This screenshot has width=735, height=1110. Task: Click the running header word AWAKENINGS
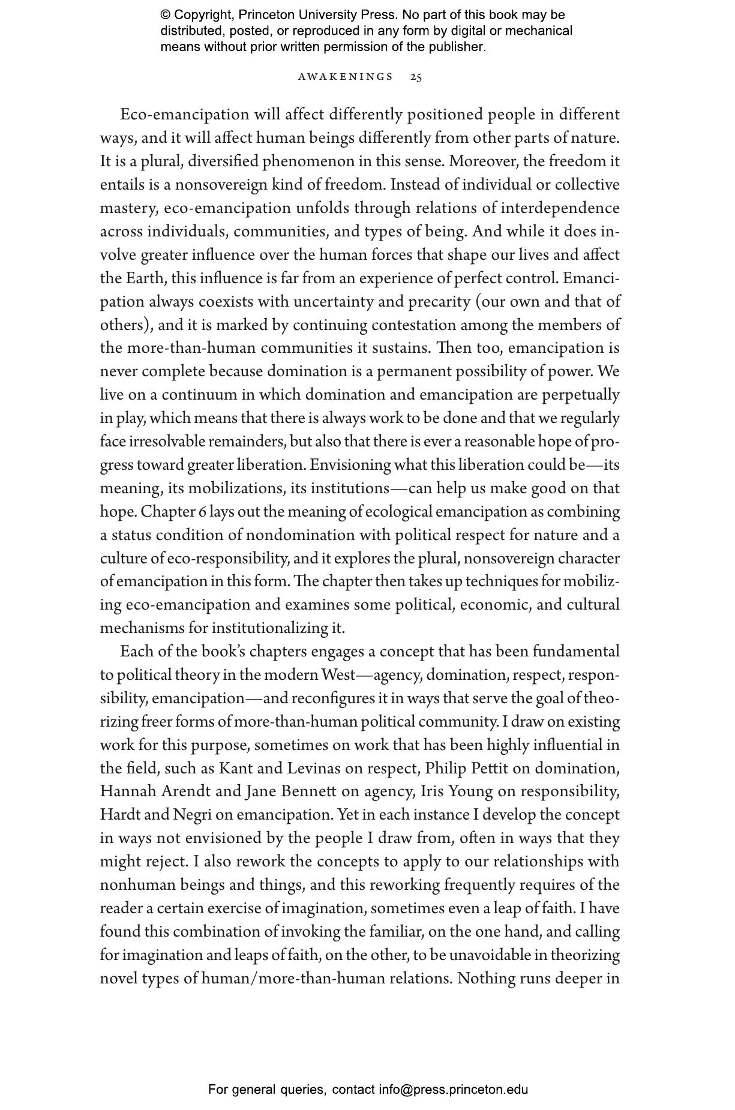[346, 77]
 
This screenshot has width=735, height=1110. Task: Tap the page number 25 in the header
[416, 77]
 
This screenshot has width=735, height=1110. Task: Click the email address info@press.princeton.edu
[453, 1089]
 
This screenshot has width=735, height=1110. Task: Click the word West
[338, 675]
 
